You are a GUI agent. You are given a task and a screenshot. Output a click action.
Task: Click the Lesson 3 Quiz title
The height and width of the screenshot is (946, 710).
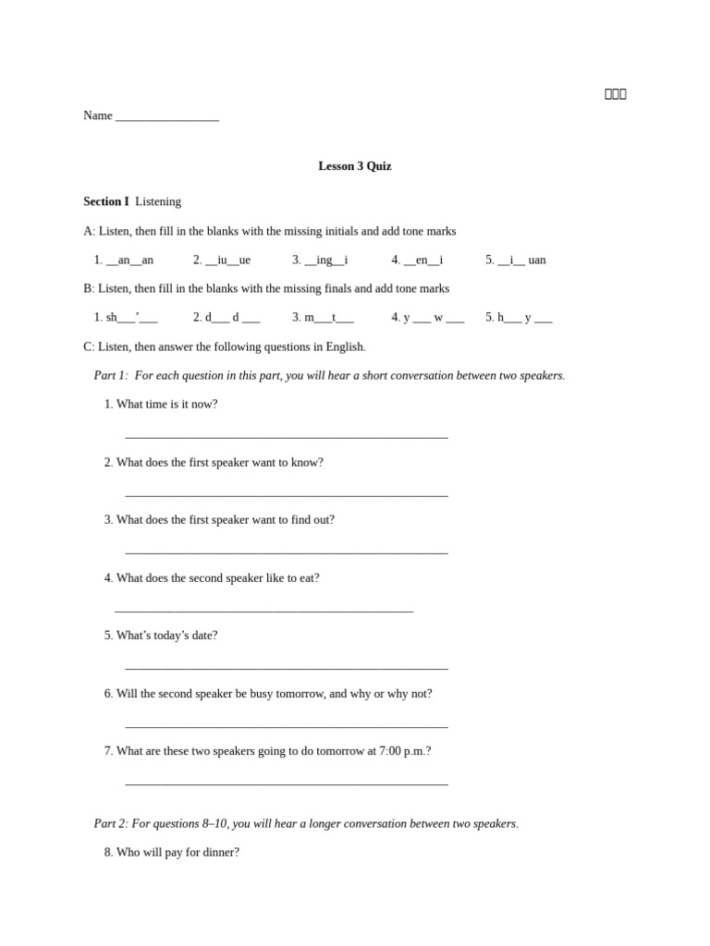pyautogui.click(x=354, y=166)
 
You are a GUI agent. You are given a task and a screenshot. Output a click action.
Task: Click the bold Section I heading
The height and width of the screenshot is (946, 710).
pyautogui.click(x=106, y=201)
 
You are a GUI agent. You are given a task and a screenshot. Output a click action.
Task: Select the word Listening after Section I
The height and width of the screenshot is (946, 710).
pyautogui.click(x=158, y=201)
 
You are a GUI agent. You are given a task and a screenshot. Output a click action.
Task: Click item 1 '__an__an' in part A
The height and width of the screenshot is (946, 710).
pyautogui.click(x=124, y=261)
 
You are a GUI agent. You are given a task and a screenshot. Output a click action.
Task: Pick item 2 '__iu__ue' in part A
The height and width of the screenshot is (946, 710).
pyautogui.click(x=222, y=261)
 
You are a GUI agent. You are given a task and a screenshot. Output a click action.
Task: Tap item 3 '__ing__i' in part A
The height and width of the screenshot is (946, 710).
pyautogui.click(x=320, y=261)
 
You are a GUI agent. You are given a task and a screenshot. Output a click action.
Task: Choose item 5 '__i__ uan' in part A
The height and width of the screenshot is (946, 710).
pyautogui.click(x=516, y=261)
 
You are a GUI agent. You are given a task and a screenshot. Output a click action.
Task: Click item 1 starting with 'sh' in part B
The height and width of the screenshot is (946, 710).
pyautogui.click(x=126, y=318)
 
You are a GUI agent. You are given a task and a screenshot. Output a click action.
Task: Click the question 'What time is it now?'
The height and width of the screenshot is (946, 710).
pyautogui.click(x=161, y=405)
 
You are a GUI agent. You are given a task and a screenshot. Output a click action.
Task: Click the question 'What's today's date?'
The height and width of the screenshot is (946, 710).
pyautogui.click(x=161, y=636)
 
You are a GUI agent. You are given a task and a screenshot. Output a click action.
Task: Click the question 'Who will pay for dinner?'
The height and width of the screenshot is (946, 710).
pyautogui.click(x=171, y=853)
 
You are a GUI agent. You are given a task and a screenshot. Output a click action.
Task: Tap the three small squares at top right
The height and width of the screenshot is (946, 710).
pyautogui.click(x=616, y=94)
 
